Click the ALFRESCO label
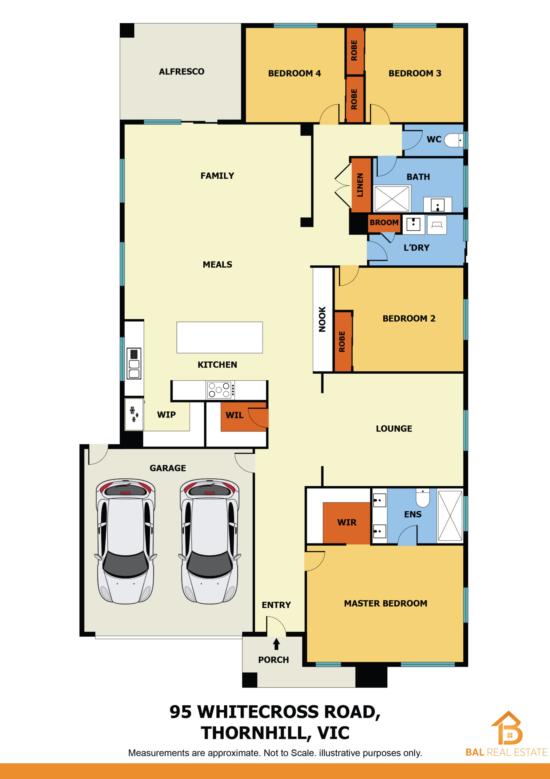pyautogui.click(x=182, y=72)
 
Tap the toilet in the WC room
pyautogui.click(x=453, y=140)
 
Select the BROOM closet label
pyautogui.click(x=384, y=222)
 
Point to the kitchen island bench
pyautogui.click(x=220, y=337)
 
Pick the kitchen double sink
pyautogui.click(x=134, y=363)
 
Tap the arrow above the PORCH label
pyautogui.click(x=276, y=644)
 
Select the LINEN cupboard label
pyautogui.click(x=360, y=185)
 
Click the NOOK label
pyautogui.click(x=322, y=319)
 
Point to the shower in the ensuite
pyautogui.click(x=450, y=515)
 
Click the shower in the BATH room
pyautogui.click(x=392, y=198)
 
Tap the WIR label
pyautogui.click(x=347, y=522)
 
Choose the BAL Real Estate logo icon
pyautogui.click(x=507, y=728)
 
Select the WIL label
pyautogui.click(x=235, y=415)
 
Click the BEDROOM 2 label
pyautogui.click(x=409, y=319)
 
